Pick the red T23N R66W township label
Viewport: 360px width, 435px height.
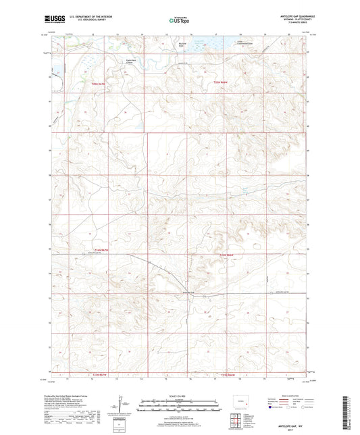coord(224,82)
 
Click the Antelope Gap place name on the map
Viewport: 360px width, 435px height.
coord(174,292)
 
